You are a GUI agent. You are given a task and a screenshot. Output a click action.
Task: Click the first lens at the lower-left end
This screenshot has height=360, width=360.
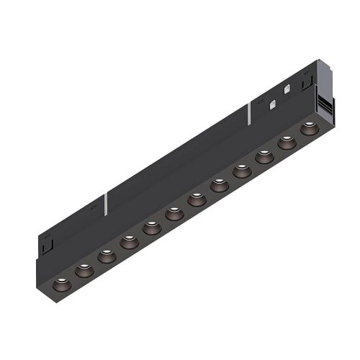pos(59,276)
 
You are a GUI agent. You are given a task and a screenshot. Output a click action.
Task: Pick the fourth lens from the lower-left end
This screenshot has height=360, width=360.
pos(129,243)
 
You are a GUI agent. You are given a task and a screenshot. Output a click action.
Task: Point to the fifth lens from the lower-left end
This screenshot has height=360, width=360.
pos(151,229)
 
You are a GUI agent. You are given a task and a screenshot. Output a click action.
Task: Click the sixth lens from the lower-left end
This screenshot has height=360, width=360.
pos(174,215)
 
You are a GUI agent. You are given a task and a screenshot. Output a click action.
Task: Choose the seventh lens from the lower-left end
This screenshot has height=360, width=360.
pos(197,199)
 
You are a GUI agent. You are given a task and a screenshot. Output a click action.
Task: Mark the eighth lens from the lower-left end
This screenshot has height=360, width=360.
pos(219,186)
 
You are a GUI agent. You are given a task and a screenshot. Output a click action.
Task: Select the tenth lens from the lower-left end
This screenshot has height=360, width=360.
pos(264,157)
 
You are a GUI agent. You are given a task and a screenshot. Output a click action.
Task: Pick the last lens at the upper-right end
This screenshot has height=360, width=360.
pos(309,129)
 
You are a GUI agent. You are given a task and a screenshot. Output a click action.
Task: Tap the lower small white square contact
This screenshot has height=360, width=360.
pos(272,104)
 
